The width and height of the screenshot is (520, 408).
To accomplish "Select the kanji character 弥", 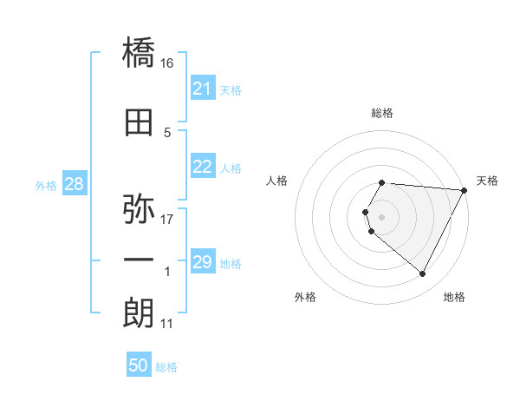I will tap(139, 209).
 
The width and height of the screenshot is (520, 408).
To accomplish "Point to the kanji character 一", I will tap(139, 260).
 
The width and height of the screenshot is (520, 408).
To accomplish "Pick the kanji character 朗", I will tap(139, 313).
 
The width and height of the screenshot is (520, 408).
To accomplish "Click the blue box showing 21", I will tap(202, 89).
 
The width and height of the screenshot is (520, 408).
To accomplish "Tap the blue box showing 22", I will tap(202, 168).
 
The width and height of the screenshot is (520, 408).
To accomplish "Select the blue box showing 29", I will tap(202, 262).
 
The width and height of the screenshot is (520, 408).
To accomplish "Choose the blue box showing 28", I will tap(74, 184).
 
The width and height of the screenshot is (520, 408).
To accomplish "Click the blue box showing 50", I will tap(139, 365).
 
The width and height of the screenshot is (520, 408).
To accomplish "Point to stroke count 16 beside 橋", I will tap(167, 63).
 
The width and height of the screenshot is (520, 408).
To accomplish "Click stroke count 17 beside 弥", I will tap(167, 219).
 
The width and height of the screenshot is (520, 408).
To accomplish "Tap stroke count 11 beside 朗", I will tap(167, 324).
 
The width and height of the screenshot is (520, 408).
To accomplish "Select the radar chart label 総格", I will tap(382, 113).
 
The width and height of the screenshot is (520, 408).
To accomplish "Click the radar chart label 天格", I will tap(487, 181).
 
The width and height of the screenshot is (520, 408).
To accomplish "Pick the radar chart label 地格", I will tap(454, 297).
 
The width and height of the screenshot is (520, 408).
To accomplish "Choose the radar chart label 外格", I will tap(305, 297).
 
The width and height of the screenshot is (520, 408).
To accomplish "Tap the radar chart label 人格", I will tap(277, 181).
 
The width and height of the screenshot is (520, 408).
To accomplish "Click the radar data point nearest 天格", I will tap(465, 190).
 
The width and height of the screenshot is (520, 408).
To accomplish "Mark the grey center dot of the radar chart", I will tap(382, 216).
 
